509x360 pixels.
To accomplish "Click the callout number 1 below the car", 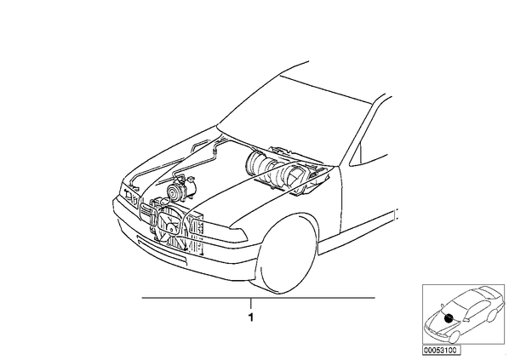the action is point(250,317).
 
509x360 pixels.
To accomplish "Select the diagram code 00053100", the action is point(441,351).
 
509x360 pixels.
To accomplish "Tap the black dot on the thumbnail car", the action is point(449,318).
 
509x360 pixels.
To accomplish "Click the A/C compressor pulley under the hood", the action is point(174,191).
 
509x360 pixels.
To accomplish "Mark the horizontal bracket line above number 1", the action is point(259,297).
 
